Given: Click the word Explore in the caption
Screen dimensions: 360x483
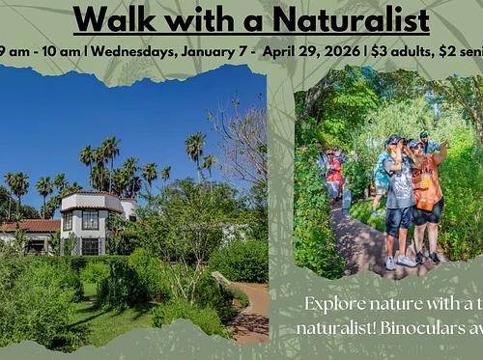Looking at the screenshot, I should (335, 304).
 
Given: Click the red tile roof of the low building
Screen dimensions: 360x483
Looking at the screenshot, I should (29, 226).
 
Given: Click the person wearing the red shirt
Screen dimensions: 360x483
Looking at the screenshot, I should (334, 172).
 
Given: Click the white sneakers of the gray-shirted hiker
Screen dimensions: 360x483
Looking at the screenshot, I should (399, 262).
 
